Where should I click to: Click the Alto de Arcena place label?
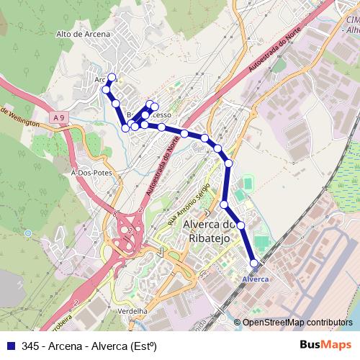[x=83, y=35]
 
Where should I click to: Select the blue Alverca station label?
[x=256, y=279]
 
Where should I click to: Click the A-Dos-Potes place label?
[x=90, y=174]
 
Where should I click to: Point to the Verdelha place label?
[x=132, y=310]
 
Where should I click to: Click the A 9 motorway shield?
[x=58, y=117]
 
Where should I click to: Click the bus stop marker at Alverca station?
[x=253, y=264]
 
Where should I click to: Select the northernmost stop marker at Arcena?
[x=112, y=76]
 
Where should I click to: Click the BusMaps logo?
[x=325, y=345]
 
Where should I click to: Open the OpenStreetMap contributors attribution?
[x=297, y=323]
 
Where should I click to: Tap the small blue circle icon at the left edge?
[x=27, y=233]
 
